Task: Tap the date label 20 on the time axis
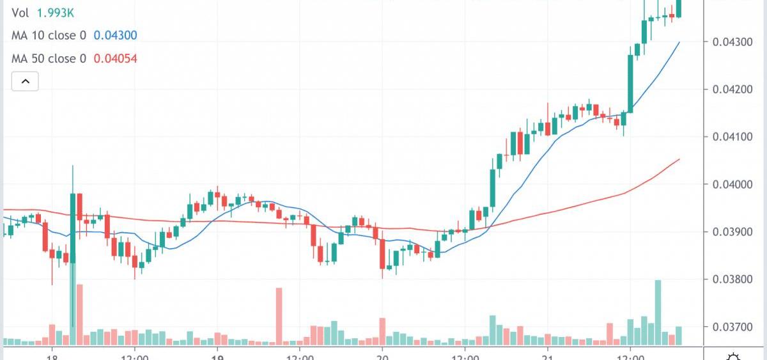[x=382, y=355]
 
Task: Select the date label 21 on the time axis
[x=547, y=355]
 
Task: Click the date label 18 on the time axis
[x=52, y=355]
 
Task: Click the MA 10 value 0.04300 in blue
[x=115, y=36]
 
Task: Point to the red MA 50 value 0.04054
[x=115, y=59]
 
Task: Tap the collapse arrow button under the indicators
[x=26, y=81]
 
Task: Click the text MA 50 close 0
[x=49, y=59]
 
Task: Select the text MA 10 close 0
[x=49, y=36]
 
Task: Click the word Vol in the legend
[x=19, y=13]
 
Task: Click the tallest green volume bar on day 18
[x=73, y=301]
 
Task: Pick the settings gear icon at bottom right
[x=734, y=356]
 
